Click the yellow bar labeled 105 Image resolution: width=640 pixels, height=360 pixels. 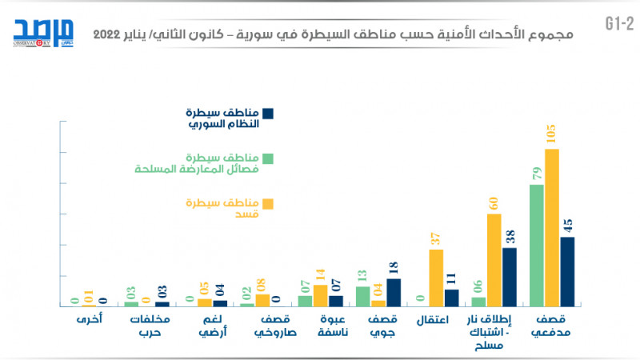pyautogui.click(x=551, y=228)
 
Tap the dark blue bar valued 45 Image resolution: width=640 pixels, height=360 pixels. pyautogui.click(x=567, y=271)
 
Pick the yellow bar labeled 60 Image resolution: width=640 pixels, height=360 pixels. pyautogui.click(x=494, y=260)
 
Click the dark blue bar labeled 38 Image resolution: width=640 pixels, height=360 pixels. pyautogui.click(x=510, y=277)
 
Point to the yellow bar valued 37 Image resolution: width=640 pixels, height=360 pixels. pyautogui.click(x=436, y=278)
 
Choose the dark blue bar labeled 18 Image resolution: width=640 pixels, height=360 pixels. pyautogui.click(x=394, y=292)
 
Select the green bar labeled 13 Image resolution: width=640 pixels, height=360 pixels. pyautogui.click(x=362, y=296)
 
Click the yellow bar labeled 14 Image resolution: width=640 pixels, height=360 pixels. pyautogui.click(x=320, y=295)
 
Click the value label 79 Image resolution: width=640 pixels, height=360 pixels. pyautogui.click(x=537, y=173)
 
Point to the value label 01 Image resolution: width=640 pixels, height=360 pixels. pyautogui.click(x=89, y=296)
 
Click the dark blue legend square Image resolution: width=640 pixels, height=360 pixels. pyautogui.click(x=269, y=114)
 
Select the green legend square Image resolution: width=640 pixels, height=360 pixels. pyautogui.click(x=269, y=158)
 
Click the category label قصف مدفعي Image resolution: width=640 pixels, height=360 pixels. pyautogui.click(x=551, y=326)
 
